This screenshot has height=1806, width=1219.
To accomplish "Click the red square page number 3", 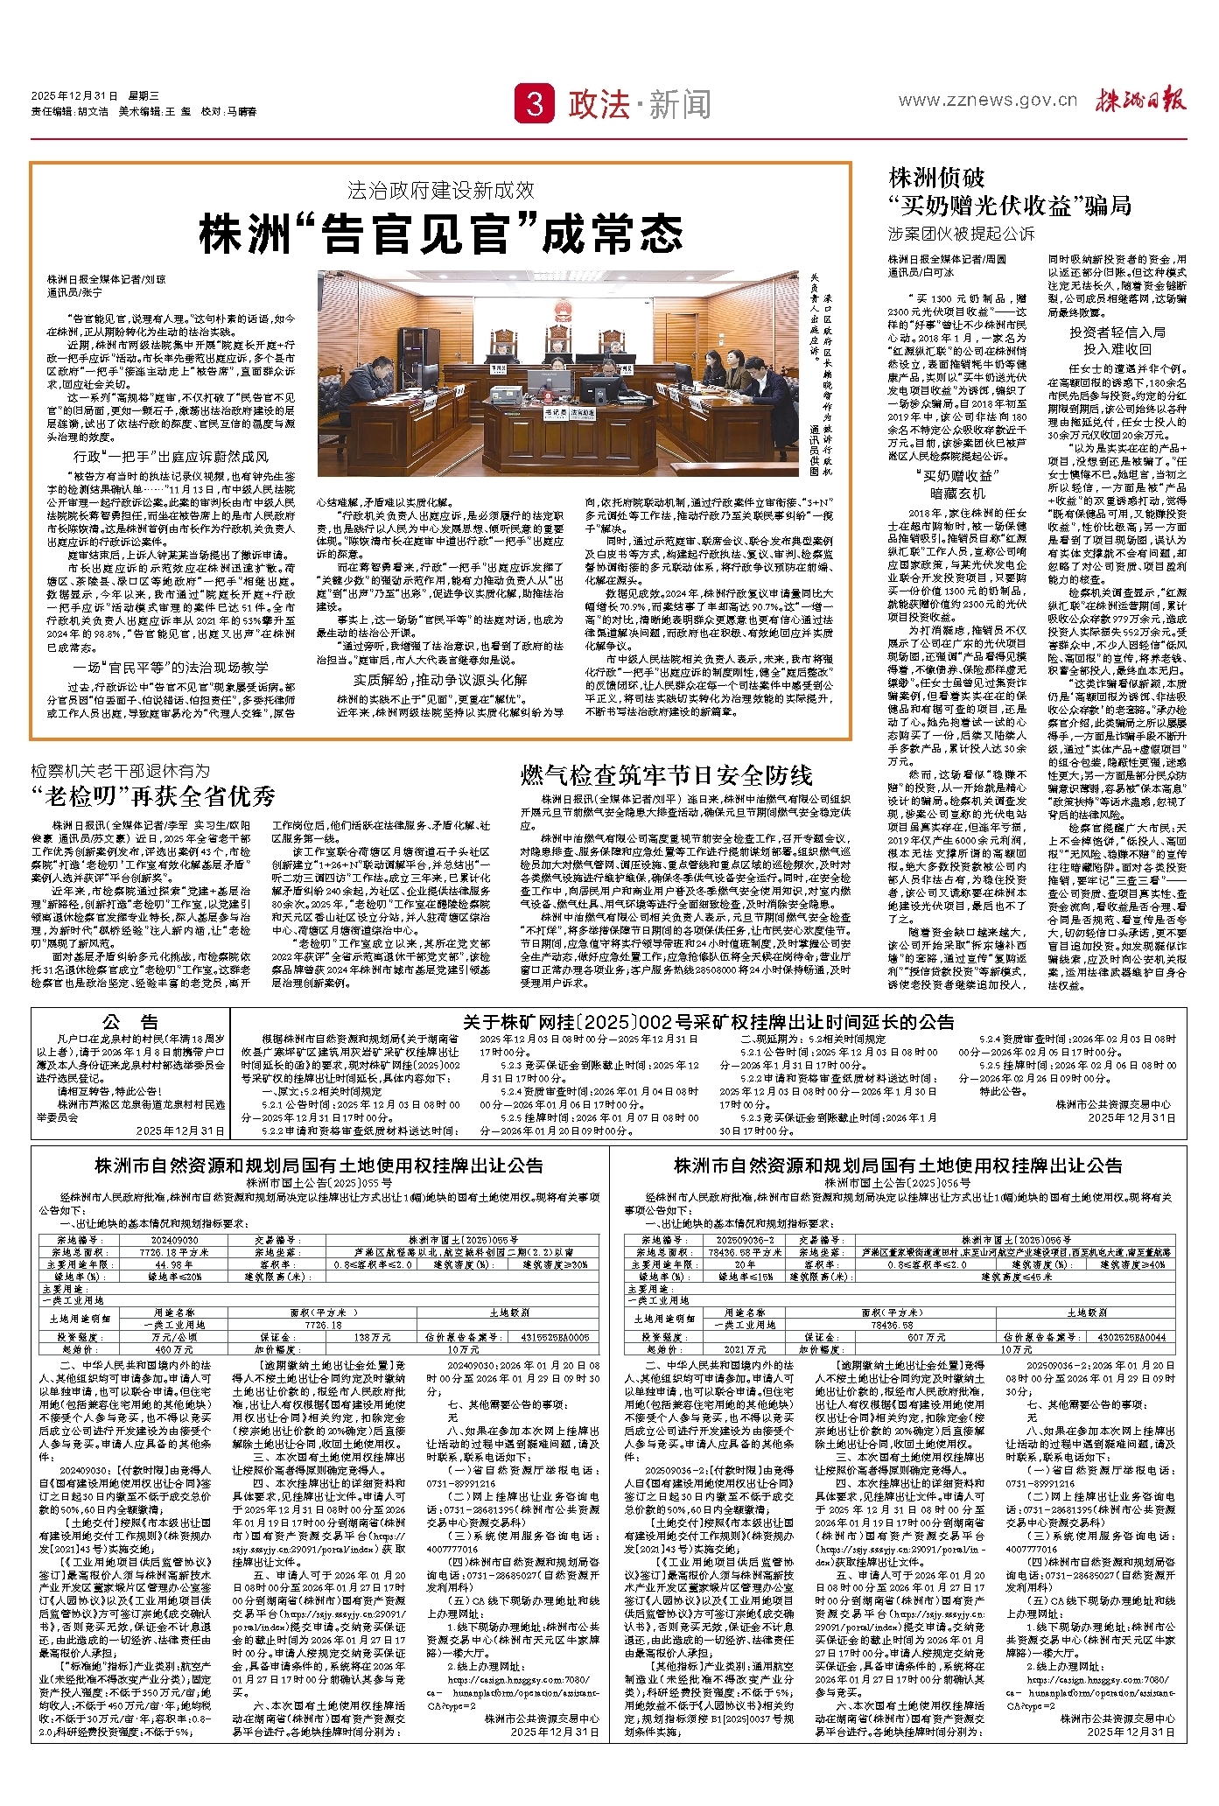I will coord(535,104).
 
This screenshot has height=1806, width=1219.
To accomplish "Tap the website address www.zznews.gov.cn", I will coord(987,100).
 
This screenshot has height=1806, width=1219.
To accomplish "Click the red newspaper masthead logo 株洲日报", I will coord(1142,100).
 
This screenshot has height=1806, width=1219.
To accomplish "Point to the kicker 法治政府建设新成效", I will coord(440,190).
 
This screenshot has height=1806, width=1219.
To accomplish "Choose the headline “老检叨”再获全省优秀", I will coord(154,795).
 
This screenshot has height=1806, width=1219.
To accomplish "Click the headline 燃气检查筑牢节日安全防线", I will coord(667,775).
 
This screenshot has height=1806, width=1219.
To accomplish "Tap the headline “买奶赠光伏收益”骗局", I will coord(1010,206).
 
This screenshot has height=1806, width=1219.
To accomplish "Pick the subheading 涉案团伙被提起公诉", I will coord(961,234).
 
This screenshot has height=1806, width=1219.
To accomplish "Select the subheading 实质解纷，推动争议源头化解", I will coord(440,680).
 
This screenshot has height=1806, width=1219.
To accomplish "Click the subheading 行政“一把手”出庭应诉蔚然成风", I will coord(172,457).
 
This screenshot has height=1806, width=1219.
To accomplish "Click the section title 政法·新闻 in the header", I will coord(640,105).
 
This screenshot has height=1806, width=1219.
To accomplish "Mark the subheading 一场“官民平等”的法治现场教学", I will coord(172,668).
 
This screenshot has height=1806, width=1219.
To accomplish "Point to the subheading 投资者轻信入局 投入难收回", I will coord(1117,340).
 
